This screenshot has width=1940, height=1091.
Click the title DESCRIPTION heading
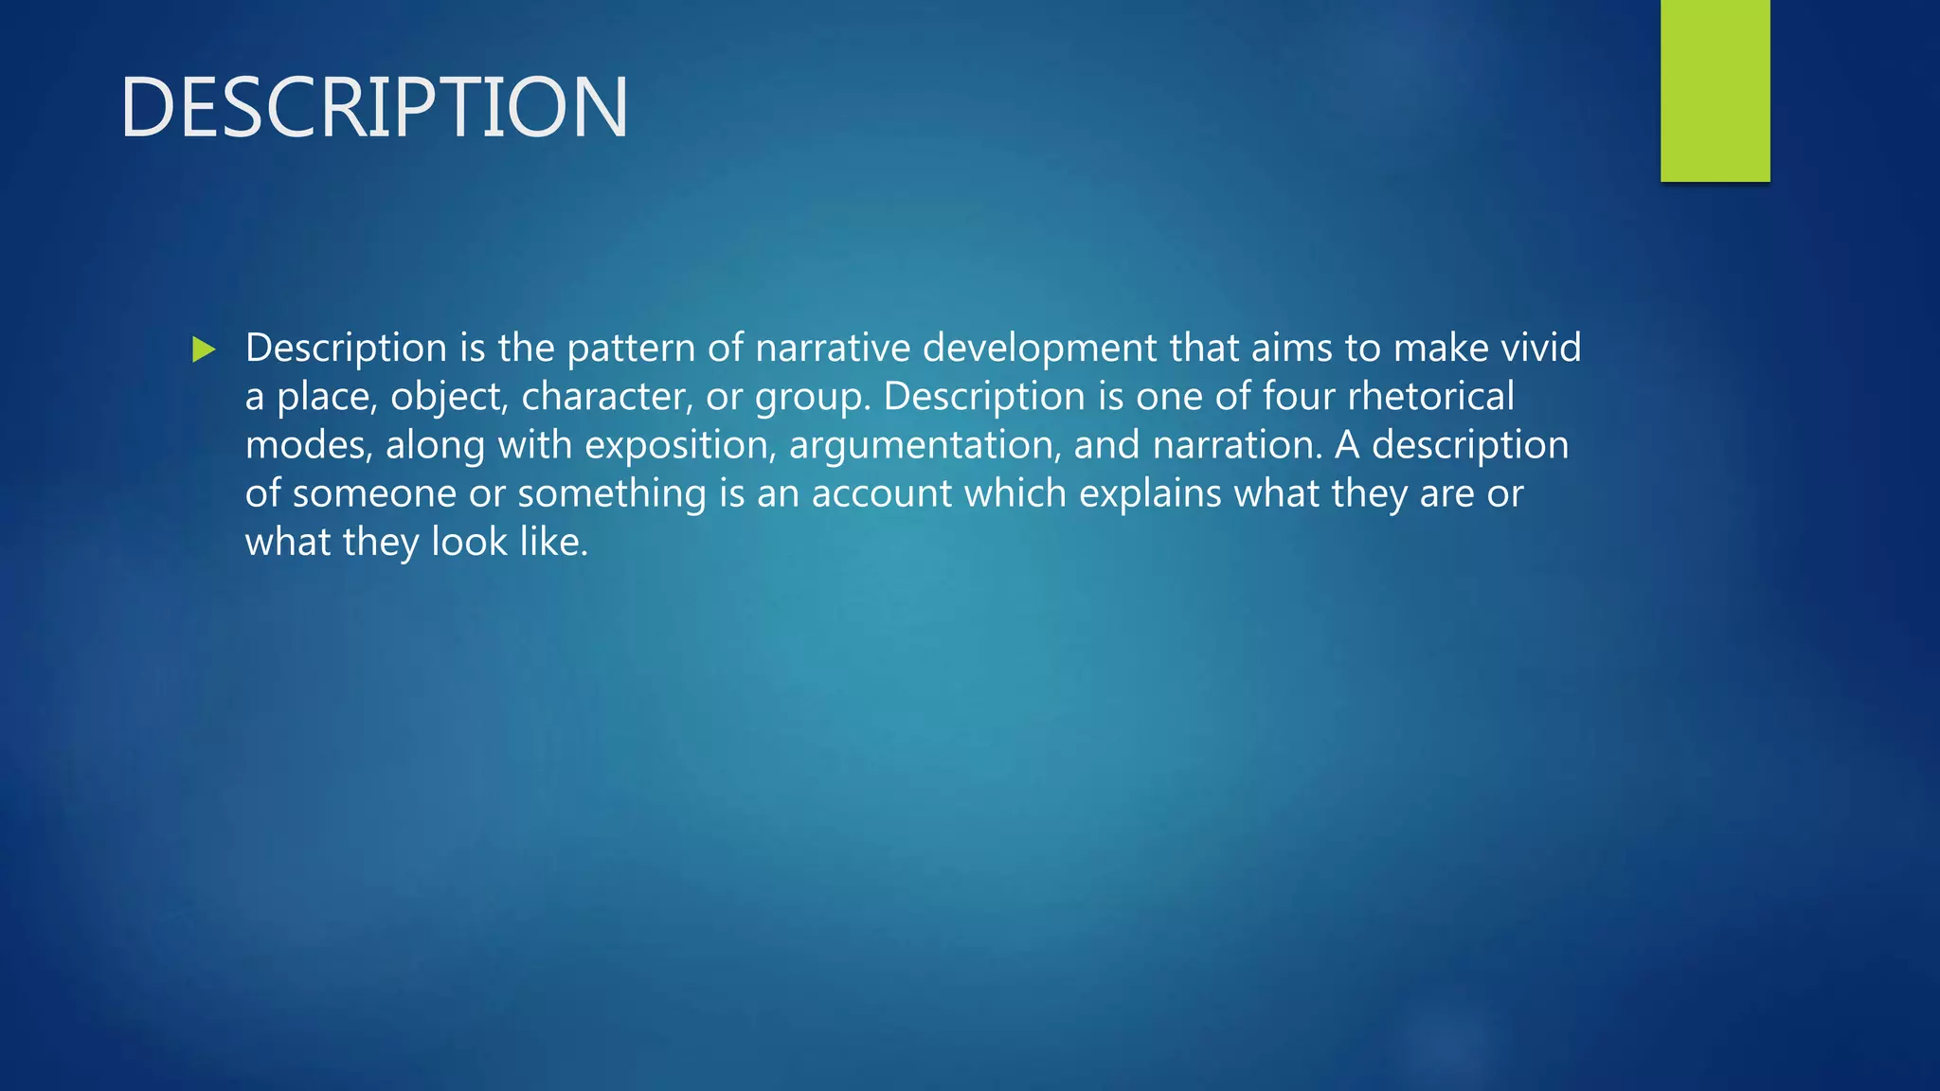pyautogui.click(x=374, y=107)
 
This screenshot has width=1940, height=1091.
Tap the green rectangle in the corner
pyautogui.click(x=1715, y=90)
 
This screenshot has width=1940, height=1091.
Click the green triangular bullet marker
pyautogui.click(x=203, y=349)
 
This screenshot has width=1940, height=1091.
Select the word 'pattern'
pyautogui.click(x=630, y=349)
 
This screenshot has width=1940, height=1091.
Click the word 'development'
pyautogui.click(x=1039, y=349)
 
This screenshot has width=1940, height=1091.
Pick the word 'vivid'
pyautogui.click(x=1540, y=348)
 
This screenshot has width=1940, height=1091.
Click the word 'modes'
pyautogui.click(x=307, y=445)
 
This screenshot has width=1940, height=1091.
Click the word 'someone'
pyautogui.click(x=374, y=493)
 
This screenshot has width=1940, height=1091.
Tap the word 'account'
pyautogui.click(x=881, y=493)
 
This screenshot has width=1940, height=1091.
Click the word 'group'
pyautogui.click(x=811, y=398)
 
